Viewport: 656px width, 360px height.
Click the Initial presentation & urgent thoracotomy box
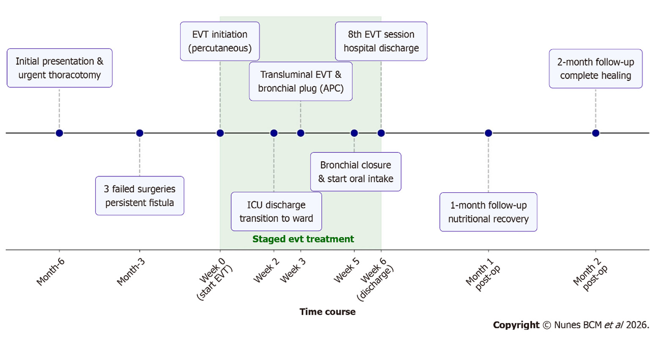pyautogui.click(x=59, y=68)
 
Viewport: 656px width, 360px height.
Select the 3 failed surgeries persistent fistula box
pyautogui.click(x=140, y=196)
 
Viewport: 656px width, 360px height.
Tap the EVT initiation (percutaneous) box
pyautogui.click(x=220, y=42)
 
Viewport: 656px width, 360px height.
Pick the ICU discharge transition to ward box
pyautogui.click(x=276, y=212)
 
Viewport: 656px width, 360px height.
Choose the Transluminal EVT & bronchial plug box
pyautogui.click(x=300, y=81)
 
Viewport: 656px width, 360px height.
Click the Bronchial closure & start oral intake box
pyautogui.click(x=356, y=172)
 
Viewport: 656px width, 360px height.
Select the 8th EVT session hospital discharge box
pyautogui.click(x=381, y=42)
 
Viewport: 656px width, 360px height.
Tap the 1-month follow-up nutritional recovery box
pyautogui.click(x=488, y=212)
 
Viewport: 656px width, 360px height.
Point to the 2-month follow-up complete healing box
pyautogui.click(x=595, y=69)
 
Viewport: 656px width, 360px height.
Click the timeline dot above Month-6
pyautogui.click(x=59, y=133)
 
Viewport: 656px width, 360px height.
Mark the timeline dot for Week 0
pyautogui.click(x=220, y=133)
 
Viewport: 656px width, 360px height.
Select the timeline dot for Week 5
pyautogui.click(x=354, y=133)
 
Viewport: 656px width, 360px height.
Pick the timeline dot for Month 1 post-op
pyautogui.click(x=488, y=133)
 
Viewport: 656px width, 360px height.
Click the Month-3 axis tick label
pyautogui.click(x=131, y=272)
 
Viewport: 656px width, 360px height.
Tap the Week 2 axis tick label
pyautogui.click(x=266, y=270)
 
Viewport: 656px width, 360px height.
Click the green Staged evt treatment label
pyautogui.click(x=303, y=239)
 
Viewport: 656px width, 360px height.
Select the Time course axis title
pyautogui.click(x=328, y=312)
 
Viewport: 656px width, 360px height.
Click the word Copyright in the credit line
pyautogui.click(x=516, y=325)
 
